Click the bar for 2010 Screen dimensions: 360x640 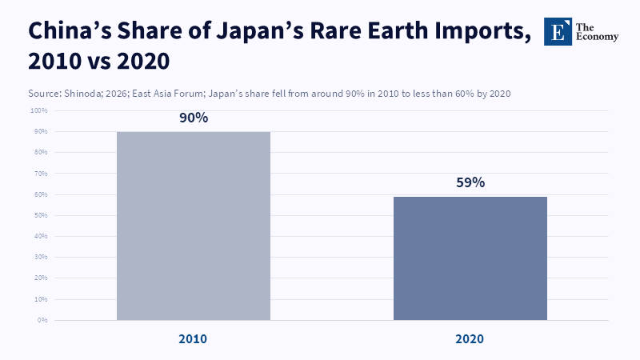pyautogui.click(x=194, y=226)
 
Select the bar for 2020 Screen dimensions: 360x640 pyautogui.click(x=470, y=258)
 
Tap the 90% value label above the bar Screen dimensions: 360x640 pyautogui.click(x=194, y=118)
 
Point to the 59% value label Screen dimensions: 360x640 pyautogui.click(x=470, y=182)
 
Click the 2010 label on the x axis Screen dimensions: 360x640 pyautogui.click(x=193, y=339)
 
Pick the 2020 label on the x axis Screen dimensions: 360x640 pyautogui.click(x=470, y=339)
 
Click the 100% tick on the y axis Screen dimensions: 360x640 pyautogui.click(x=39, y=110)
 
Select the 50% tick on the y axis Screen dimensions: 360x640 pyautogui.click(x=41, y=215)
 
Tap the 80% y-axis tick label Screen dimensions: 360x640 pyautogui.click(x=41, y=152)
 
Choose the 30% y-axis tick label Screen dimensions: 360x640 pyautogui.click(x=41, y=257)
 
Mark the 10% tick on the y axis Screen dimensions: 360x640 pyautogui.click(x=41, y=299)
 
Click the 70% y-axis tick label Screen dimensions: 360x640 pyautogui.click(x=41, y=173)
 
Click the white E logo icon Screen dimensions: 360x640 pyautogui.click(x=558, y=30)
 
